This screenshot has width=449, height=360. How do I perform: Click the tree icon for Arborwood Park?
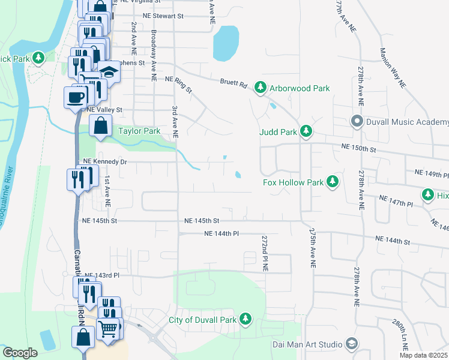tap(261, 88)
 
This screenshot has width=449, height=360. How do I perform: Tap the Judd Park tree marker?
tap(306, 131)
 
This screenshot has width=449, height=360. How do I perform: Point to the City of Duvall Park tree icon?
tap(246, 319)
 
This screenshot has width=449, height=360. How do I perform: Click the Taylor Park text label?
tap(139, 131)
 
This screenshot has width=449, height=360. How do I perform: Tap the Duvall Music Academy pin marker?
tap(357, 122)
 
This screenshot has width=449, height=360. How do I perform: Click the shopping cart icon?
tap(108, 327)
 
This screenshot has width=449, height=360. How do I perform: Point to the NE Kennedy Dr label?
tap(105, 161)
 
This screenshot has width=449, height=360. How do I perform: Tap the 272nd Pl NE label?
tap(264, 253)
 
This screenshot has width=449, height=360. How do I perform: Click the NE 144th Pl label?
tap(222, 233)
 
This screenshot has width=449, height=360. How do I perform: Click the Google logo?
tap(20, 353)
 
